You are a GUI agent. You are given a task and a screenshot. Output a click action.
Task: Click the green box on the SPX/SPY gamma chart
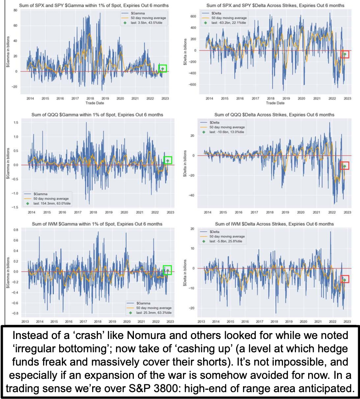(162, 69)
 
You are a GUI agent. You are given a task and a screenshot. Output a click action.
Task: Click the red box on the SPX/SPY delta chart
(345, 54)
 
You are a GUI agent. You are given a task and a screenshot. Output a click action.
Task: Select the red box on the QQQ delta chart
(345, 166)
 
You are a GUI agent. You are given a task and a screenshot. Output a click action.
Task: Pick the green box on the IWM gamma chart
(167, 270)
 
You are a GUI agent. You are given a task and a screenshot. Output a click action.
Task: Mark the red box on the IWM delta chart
(345, 279)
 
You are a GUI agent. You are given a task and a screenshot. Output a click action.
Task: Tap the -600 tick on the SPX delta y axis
(193, 84)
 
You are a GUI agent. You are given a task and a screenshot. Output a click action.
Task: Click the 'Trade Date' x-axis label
(94, 104)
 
